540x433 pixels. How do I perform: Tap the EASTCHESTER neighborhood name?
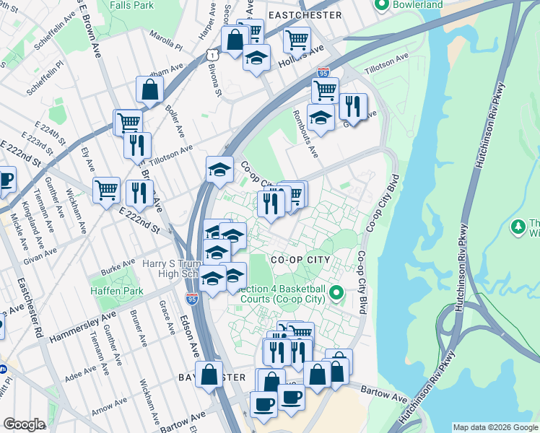point(304,14)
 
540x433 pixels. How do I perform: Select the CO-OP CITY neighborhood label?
point(300,260)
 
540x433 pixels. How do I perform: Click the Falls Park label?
point(131,5)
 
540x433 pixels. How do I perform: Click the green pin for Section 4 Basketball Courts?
point(336,293)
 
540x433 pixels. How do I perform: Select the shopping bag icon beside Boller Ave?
point(150,90)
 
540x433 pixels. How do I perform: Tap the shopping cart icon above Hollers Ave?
point(297,40)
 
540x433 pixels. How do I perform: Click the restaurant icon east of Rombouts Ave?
point(352,105)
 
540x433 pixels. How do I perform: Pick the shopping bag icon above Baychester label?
point(209,375)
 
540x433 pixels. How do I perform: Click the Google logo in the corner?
point(24,424)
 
